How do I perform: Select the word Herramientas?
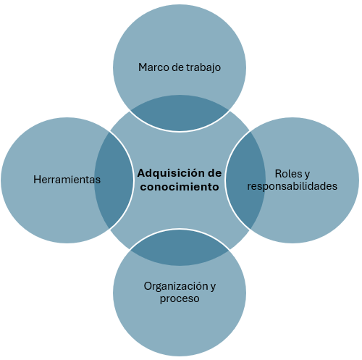67,180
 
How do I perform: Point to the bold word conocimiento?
180,187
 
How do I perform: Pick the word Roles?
288,174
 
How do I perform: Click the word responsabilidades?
292,186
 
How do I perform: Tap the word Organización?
176,287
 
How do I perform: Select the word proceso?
180,299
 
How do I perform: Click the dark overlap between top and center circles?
180,113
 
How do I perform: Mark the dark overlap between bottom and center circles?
180,248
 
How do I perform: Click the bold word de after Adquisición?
214,173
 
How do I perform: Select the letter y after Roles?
307,175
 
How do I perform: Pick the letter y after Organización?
213,288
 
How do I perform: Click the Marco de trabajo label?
180,67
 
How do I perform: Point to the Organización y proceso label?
180,293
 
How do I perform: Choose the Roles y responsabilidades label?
292,180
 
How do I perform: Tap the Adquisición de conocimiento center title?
180,180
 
